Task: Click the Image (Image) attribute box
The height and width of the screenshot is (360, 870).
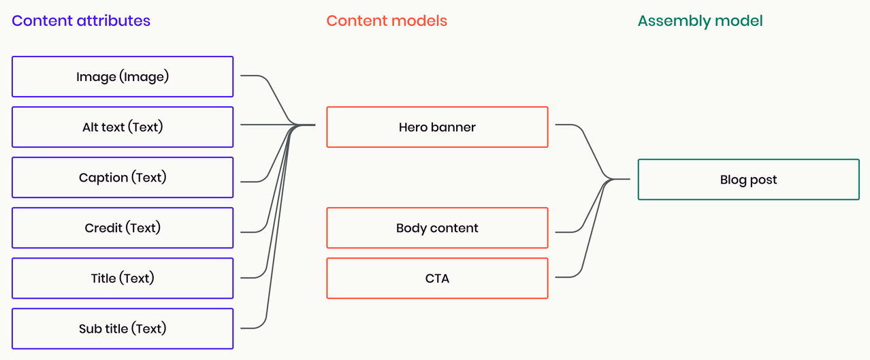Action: pos(123,76)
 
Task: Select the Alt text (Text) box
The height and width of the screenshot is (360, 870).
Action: pos(123,127)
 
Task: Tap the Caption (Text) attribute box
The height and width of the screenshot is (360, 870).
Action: pos(123,177)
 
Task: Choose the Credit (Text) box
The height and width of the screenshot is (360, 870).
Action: pos(123,227)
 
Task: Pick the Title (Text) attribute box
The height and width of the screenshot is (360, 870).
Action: pos(123,278)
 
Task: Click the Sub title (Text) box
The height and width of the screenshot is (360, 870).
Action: pos(123,329)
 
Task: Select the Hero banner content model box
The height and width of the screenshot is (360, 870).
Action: pos(437,127)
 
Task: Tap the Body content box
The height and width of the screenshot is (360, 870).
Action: pos(437,228)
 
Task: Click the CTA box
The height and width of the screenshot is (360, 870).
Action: pos(437,278)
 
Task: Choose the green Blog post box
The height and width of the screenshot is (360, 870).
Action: pos(748,180)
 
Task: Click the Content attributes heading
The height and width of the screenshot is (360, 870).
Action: pos(81,20)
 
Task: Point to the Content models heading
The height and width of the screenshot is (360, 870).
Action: pos(387,20)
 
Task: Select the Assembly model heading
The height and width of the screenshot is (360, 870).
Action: pos(700,20)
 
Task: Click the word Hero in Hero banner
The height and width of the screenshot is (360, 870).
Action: pos(413,127)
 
